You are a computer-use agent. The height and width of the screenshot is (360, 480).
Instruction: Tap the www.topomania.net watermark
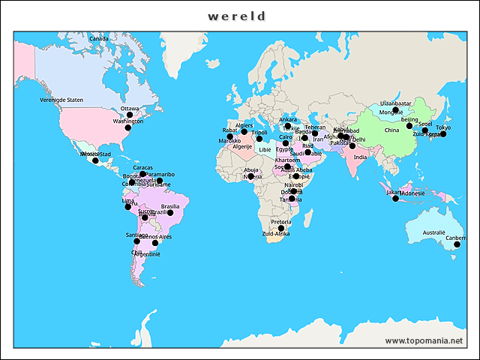(424, 340)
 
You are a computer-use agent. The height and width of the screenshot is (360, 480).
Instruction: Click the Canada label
(98, 38)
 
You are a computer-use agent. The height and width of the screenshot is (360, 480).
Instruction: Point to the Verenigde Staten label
(61, 100)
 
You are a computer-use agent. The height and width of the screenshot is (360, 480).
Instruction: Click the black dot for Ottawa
(129, 115)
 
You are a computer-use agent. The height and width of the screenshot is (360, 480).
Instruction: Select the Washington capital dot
(127, 128)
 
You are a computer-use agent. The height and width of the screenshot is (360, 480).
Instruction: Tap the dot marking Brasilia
(170, 213)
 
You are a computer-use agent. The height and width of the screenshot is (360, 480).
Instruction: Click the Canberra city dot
(457, 244)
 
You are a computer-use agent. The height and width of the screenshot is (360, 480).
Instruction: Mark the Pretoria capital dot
(281, 228)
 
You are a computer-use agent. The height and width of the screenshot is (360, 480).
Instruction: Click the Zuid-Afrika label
(276, 234)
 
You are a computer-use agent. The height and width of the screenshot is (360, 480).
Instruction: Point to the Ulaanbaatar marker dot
(395, 110)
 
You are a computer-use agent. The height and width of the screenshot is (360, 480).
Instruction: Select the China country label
(391, 130)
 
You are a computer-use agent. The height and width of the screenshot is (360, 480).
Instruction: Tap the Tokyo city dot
(442, 133)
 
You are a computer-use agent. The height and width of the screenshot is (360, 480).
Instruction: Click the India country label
(360, 157)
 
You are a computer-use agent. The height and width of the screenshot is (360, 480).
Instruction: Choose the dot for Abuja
(250, 176)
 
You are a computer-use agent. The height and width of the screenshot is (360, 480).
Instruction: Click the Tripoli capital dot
(259, 139)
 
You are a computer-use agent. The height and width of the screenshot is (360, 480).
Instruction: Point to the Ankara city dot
(288, 126)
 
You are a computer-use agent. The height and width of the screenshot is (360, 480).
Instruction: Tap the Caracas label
(142, 167)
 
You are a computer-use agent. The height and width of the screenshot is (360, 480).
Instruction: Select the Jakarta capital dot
(396, 198)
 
